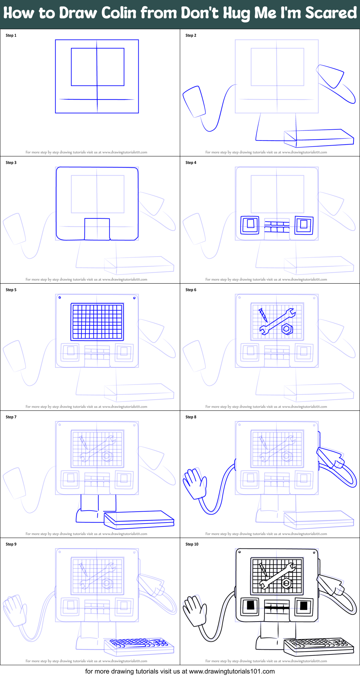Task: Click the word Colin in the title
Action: (119, 13)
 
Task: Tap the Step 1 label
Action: (11, 35)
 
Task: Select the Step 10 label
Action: (192, 544)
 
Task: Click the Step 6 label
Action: (191, 290)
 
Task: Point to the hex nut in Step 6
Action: (287, 329)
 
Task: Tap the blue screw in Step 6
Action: (263, 315)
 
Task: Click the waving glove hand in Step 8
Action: (195, 483)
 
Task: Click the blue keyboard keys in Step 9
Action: (139, 643)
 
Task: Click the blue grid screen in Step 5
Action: (97, 321)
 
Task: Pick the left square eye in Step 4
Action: (250, 225)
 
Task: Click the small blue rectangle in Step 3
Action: (97, 229)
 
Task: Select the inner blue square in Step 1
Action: (98, 67)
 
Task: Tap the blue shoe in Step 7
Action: (88, 516)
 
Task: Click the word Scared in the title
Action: (331, 13)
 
